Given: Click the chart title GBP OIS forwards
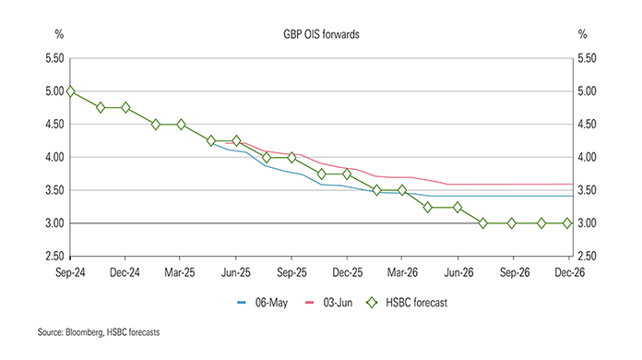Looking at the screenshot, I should [x=321, y=34].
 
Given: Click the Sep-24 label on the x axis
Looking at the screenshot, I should [x=70, y=274].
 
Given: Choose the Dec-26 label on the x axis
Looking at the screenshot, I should [x=567, y=274].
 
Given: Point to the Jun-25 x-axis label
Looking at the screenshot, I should [x=236, y=274].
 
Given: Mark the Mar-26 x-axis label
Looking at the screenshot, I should [x=401, y=274].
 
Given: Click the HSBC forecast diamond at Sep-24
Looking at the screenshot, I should [x=71, y=91].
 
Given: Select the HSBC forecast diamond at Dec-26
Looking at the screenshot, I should [x=567, y=223].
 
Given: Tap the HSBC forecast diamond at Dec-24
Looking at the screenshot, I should [x=125, y=108].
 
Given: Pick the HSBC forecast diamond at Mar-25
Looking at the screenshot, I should [x=181, y=125].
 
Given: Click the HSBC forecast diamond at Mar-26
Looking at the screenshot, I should [x=401, y=190].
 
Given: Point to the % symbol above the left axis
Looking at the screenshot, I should [x=58, y=34].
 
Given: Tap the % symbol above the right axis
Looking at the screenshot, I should [x=582, y=34].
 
